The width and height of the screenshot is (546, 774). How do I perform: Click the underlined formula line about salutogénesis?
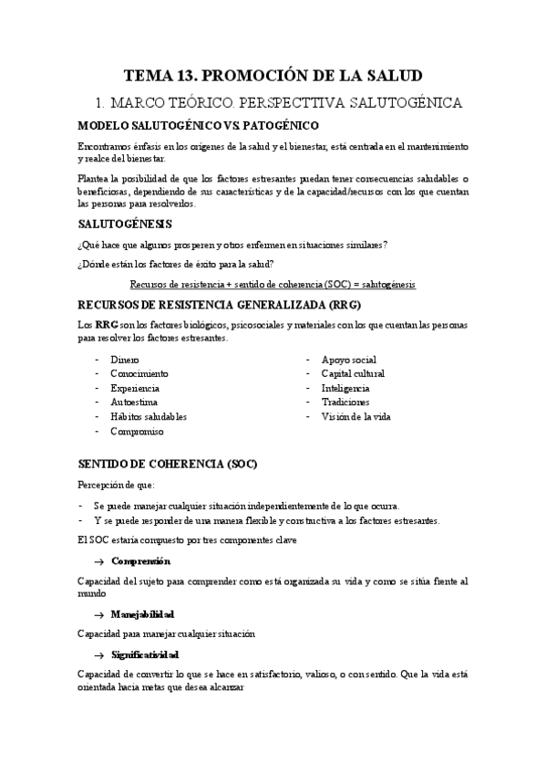(273, 284)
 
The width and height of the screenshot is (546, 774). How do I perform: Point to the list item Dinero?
(125, 360)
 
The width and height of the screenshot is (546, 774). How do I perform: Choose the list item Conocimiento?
(139, 373)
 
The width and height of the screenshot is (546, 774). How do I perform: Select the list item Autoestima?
(135, 402)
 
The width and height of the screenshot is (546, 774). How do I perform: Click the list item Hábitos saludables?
(148, 415)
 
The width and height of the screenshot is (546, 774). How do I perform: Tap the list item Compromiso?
(137, 430)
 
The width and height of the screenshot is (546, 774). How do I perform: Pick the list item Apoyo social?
(348, 360)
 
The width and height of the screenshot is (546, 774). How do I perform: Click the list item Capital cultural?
(353, 373)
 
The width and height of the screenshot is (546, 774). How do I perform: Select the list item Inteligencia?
(345, 388)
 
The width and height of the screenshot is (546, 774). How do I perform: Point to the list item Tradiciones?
(345, 402)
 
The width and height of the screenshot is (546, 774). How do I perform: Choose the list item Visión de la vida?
(355, 415)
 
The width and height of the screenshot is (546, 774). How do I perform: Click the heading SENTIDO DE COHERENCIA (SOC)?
(169, 464)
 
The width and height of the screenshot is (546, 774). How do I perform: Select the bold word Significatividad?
(145, 654)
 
